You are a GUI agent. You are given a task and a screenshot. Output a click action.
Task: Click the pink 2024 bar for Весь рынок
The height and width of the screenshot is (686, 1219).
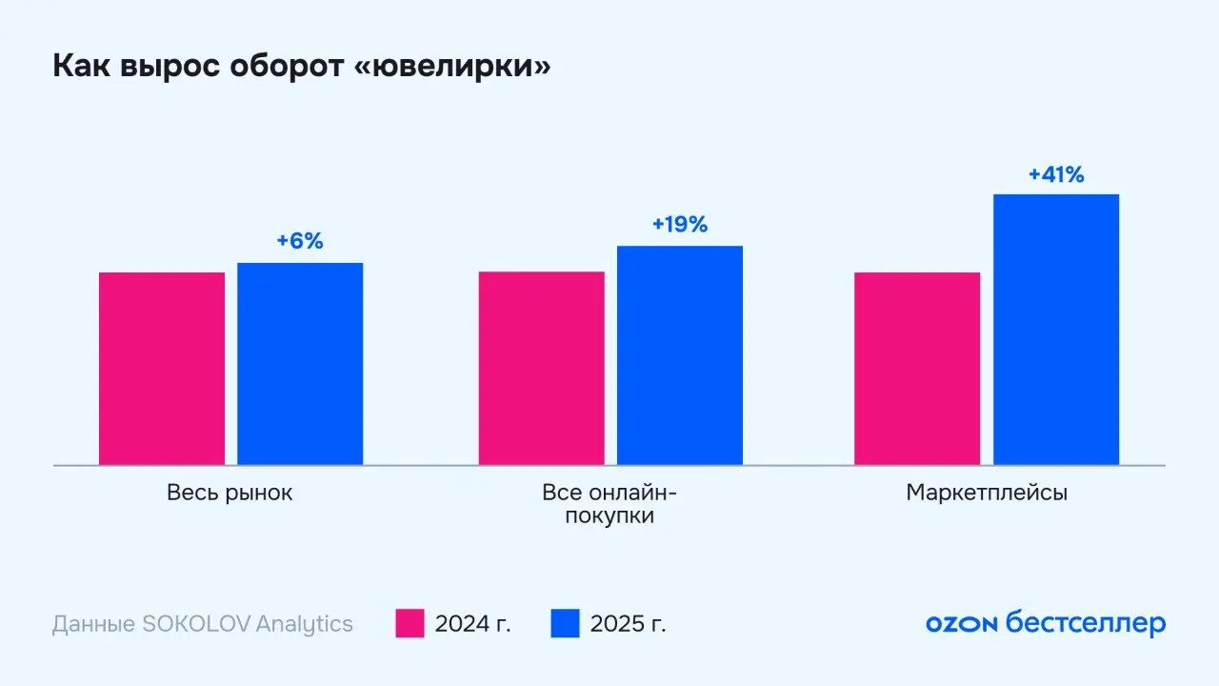click(162, 369)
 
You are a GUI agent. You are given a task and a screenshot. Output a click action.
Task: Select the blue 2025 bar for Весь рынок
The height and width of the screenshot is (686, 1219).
click(300, 364)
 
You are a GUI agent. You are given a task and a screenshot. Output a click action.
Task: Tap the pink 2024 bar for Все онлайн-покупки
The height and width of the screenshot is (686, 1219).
click(541, 369)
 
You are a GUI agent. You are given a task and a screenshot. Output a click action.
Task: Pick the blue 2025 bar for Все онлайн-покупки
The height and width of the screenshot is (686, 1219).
click(680, 355)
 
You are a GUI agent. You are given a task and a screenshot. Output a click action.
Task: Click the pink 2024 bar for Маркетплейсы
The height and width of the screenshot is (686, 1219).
click(917, 369)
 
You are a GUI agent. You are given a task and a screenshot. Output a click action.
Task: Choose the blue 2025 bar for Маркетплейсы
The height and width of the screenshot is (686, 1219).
click(1056, 330)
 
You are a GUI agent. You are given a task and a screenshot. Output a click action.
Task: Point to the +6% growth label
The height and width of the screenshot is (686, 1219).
click(300, 241)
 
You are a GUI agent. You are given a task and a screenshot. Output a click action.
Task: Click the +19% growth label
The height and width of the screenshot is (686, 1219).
click(680, 225)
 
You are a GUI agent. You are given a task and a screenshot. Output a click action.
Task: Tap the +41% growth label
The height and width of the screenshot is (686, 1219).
click(1056, 174)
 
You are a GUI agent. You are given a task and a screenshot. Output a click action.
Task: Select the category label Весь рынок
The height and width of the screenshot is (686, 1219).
click(230, 494)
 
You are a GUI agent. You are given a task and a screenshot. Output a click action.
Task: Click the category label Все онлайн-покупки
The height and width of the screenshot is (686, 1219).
click(609, 505)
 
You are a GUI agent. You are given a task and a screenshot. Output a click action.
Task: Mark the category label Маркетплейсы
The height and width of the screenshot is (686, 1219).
click(987, 494)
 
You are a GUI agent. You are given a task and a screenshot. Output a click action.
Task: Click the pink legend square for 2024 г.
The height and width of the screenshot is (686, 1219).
click(410, 624)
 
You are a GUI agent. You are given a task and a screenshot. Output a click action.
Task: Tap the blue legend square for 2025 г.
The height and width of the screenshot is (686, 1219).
click(565, 624)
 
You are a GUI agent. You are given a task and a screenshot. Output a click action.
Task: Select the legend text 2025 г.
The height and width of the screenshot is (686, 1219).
click(629, 625)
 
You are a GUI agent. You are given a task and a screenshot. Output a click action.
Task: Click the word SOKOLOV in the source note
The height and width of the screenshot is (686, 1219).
click(196, 625)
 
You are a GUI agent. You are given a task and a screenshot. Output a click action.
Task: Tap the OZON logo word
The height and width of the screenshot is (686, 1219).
click(961, 625)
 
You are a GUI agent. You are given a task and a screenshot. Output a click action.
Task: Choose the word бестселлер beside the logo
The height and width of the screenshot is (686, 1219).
click(1086, 625)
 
